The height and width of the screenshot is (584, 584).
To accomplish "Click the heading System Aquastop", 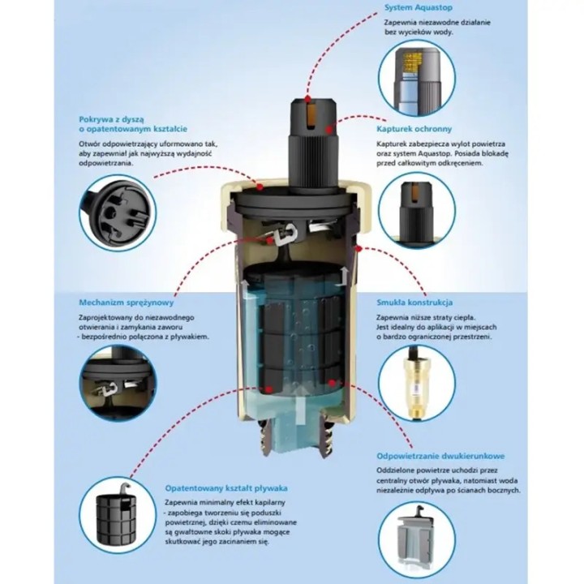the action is [x=419, y=7].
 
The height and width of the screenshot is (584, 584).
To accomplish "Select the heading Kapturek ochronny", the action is [x=414, y=129].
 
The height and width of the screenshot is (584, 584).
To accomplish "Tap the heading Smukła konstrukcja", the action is [x=414, y=303].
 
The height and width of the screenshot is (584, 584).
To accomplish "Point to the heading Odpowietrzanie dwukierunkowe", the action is [x=440, y=456].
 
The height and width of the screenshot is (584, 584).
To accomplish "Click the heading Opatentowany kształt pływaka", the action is [x=226, y=488].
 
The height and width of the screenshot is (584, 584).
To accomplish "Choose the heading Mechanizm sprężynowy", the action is [x=127, y=303].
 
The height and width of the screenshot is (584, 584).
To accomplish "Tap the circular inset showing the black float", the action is [x=118, y=515].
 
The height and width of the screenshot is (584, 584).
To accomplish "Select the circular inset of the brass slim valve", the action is [x=417, y=384].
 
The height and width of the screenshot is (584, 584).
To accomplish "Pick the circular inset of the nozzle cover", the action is [x=118, y=213].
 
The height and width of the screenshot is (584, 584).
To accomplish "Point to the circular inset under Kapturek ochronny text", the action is [x=417, y=210].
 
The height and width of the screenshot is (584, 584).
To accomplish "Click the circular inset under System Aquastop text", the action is [x=417, y=78].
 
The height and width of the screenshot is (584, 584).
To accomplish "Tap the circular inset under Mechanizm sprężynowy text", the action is [x=118, y=384].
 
